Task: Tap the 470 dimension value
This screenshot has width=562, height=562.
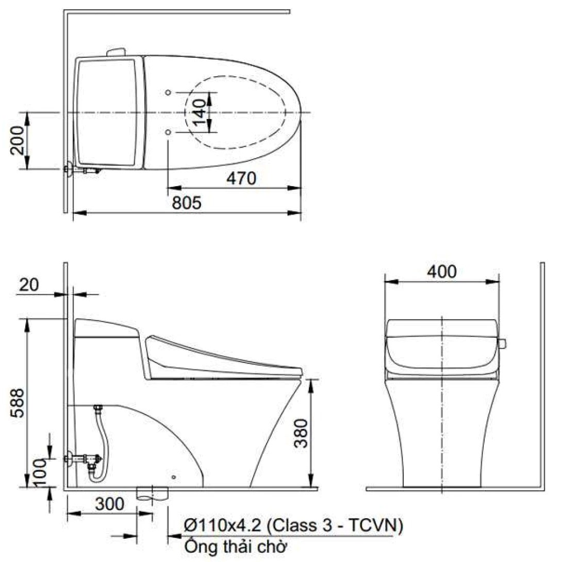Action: tap(241, 178)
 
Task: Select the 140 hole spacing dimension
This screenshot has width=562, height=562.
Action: tap(200, 111)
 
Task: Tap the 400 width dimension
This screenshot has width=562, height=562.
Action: tap(442, 272)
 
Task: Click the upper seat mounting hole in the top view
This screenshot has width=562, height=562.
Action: tap(169, 92)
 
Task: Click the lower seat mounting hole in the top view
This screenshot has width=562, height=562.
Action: tap(169, 132)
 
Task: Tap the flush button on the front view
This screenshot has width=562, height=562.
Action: tap(502, 342)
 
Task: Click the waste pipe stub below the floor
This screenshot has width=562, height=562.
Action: tap(153, 493)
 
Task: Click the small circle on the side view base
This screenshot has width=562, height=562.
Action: tap(174, 477)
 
